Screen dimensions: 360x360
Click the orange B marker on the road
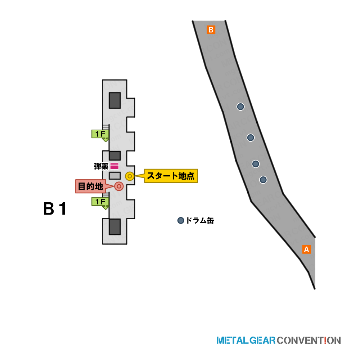click(211, 30)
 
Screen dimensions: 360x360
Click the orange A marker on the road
click(306, 249)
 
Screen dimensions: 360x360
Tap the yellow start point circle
click(130, 176)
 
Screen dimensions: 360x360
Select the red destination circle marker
click(119, 186)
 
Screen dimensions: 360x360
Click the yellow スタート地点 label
click(171, 176)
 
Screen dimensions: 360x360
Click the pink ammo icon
click(114, 166)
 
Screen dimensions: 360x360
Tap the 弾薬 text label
click(101, 166)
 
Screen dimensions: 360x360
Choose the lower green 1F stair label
click(100, 202)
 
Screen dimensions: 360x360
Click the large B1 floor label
click(55, 209)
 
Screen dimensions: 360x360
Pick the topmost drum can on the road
click(240, 107)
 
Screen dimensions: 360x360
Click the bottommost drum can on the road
click(263, 180)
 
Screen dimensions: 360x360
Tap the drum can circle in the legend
click(181, 221)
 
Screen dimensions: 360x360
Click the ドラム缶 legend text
click(200, 221)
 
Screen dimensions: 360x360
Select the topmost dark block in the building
click(115, 100)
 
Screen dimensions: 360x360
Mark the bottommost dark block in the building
click(115, 226)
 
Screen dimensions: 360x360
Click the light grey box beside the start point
click(115, 176)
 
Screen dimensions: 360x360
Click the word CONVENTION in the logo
click(309, 340)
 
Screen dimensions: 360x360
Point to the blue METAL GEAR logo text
click(246, 340)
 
